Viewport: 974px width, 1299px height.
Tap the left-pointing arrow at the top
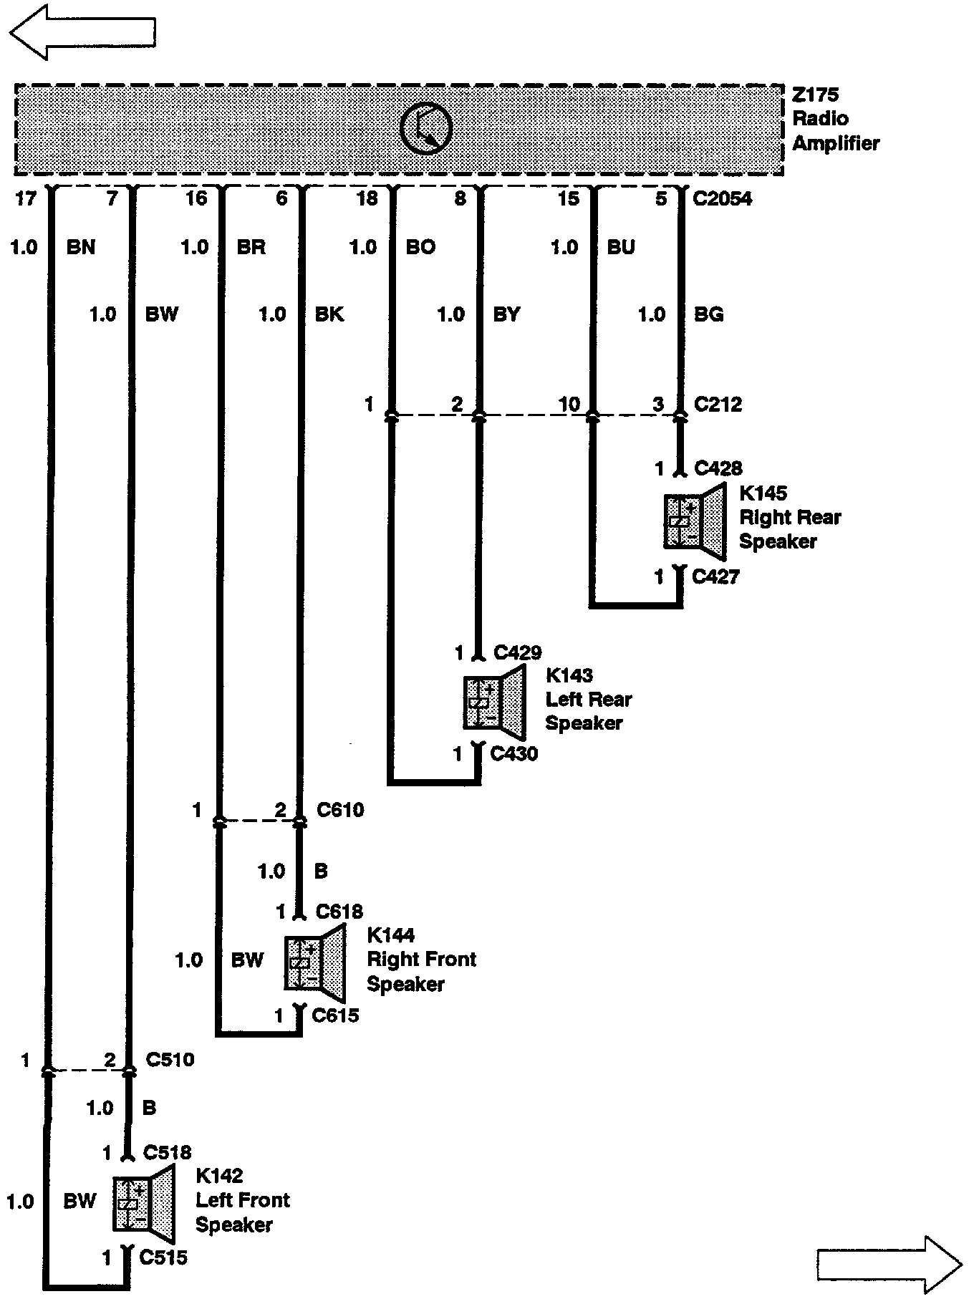[82, 32]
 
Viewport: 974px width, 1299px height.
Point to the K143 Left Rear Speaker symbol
[494, 702]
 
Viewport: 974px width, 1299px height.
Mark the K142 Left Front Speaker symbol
[143, 1203]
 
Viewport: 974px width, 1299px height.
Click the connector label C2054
[722, 198]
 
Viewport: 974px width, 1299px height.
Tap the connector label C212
[718, 404]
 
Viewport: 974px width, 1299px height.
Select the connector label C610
[340, 810]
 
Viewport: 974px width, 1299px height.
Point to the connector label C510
[170, 1059]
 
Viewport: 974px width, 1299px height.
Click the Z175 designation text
[815, 95]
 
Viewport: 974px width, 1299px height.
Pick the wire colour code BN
[81, 247]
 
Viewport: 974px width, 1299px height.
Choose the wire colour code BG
[708, 314]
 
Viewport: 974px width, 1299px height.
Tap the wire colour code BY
[506, 314]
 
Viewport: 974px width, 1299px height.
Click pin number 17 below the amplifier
[25, 198]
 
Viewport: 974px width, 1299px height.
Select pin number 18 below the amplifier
[367, 198]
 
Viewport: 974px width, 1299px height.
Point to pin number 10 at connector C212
[569, 404]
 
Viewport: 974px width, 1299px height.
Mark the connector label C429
[518, 652]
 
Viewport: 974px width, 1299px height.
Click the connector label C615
[335, 1015]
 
